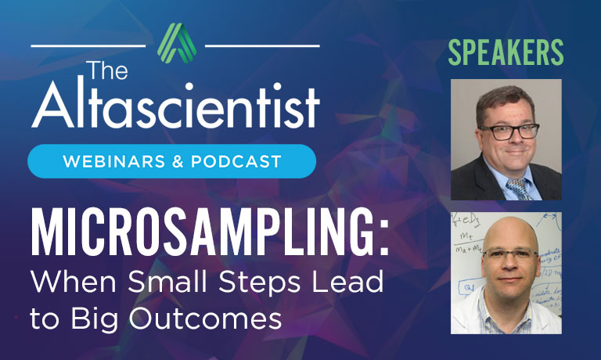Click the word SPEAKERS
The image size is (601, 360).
click(x=506, y=52)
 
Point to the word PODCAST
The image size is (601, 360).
click(x=240, y=162)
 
